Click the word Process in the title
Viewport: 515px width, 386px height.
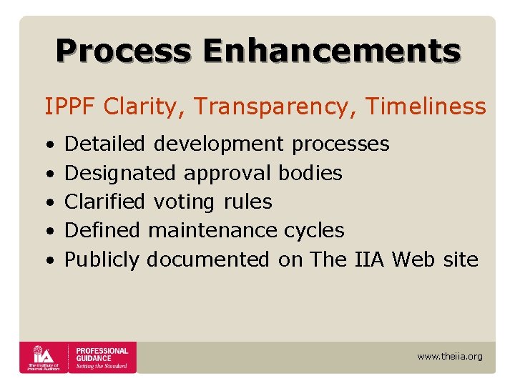coord(123,51)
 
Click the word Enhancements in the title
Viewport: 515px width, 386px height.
coord(331,51)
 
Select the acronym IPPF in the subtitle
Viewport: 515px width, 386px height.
coord(71,107)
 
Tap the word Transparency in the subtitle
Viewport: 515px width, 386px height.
coord(277,107)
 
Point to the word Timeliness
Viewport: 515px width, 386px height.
coord(426,107)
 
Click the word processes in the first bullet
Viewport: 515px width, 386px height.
coord(340,144)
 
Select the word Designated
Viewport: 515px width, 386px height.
coord(119,173)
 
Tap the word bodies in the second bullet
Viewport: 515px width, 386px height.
coord(310,173)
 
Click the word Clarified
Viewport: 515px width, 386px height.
coord(104,202)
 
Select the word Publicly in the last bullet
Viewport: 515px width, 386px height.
coord(102,259)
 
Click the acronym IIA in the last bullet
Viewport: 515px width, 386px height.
coord(370,259)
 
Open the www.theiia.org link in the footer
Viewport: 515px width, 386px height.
coord(449,356)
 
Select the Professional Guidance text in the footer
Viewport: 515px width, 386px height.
coord(102,355)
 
